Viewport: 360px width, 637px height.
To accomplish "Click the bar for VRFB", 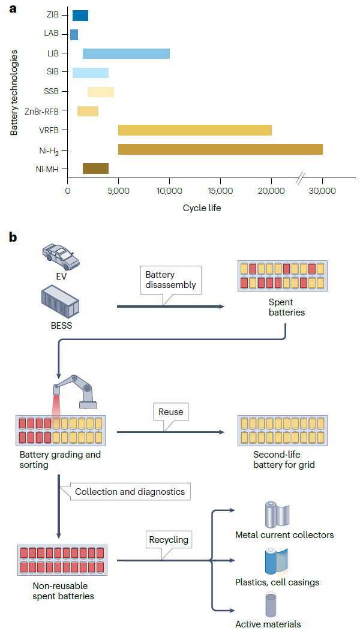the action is click(x=194, y=130).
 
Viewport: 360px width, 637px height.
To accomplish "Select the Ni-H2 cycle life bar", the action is click(x=220, y=149).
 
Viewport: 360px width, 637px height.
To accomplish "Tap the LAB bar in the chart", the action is click(x=74, y=35).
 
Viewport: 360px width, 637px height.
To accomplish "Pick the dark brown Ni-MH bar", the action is click(x=95, y=169).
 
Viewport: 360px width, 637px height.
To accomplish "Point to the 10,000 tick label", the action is click(x=169, y=191).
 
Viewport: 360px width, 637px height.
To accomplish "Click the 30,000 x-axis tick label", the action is click(x=322, y=191).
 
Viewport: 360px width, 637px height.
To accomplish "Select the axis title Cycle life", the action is click(x=202, y=208).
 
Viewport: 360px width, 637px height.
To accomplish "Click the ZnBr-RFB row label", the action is click(x=41, y=112).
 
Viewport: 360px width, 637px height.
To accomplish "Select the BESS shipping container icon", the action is click(x=60, y=302).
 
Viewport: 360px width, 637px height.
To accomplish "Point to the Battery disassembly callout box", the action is click(x=170, y=280).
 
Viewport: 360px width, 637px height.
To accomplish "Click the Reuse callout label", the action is click(x=170, y=412).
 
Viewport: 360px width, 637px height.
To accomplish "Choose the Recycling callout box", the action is click(x=169, y=540).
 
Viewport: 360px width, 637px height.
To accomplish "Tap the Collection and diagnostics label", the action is click(x=130, y=492).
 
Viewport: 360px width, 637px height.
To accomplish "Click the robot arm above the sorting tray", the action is click(x=76, y=391).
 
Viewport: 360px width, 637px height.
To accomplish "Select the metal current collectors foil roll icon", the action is click(x=277, y=515).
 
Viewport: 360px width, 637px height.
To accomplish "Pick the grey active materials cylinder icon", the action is click(x=271, y=605).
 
